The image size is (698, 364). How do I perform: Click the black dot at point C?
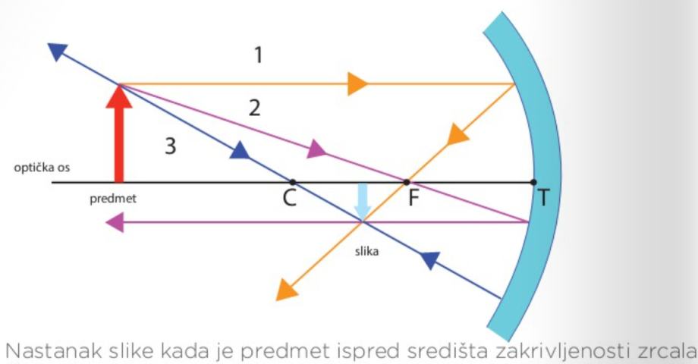pos(293,182)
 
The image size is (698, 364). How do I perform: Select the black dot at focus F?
pos(406,182)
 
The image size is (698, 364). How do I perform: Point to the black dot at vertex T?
pos(533,182)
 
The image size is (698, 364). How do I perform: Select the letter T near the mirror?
pos(543,199)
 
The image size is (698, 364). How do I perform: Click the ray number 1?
pos(258,55)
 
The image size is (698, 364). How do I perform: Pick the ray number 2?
pos(255,108)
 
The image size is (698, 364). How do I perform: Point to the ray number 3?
pos(171,146)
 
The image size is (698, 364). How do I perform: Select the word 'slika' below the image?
pos(367,251)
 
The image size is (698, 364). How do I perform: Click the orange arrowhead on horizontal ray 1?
pos(357,83)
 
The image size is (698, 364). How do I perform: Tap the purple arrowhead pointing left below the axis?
pos(115,222)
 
